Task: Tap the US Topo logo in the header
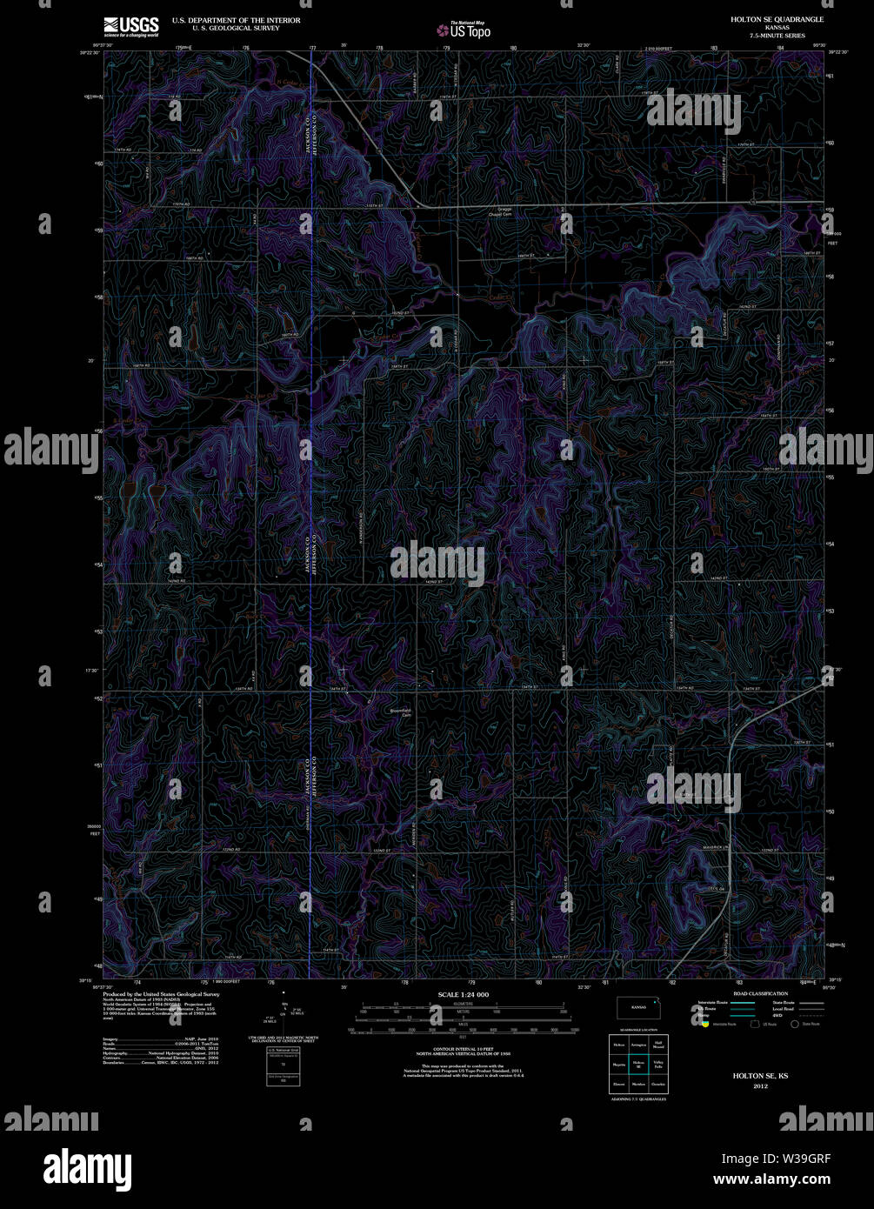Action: coord(464,30)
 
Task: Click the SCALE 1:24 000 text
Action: coord(464,994)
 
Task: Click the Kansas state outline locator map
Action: coord(639,1008)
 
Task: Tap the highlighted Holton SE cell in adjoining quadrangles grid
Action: coord(638,1063)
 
